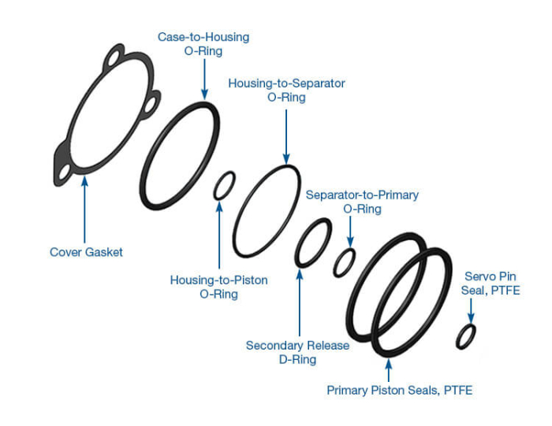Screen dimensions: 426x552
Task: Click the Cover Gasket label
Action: click(x=86, y=252)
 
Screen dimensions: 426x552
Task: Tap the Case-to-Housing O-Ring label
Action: click(x=203, y=44)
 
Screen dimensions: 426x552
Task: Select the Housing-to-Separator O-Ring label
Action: click(x=286, y=90)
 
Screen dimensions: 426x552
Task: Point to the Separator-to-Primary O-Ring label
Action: click(x=362, y=202)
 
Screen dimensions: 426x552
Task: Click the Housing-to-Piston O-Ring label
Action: click(x=218, y=287)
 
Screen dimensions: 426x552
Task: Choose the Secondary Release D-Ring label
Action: click(x=297, y=352)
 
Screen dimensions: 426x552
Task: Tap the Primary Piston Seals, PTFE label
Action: click(x=399, y=390)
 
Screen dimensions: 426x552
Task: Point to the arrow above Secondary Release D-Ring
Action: click(x=300, y=303)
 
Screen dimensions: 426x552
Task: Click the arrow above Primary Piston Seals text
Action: click(x=388, y=370)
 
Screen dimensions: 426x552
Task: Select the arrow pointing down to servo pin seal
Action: click(x=472, y=310)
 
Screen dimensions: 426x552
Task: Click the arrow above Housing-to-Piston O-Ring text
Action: click(x=219, y=236)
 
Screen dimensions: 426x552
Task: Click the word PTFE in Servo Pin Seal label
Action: click(x=508, y=291)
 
